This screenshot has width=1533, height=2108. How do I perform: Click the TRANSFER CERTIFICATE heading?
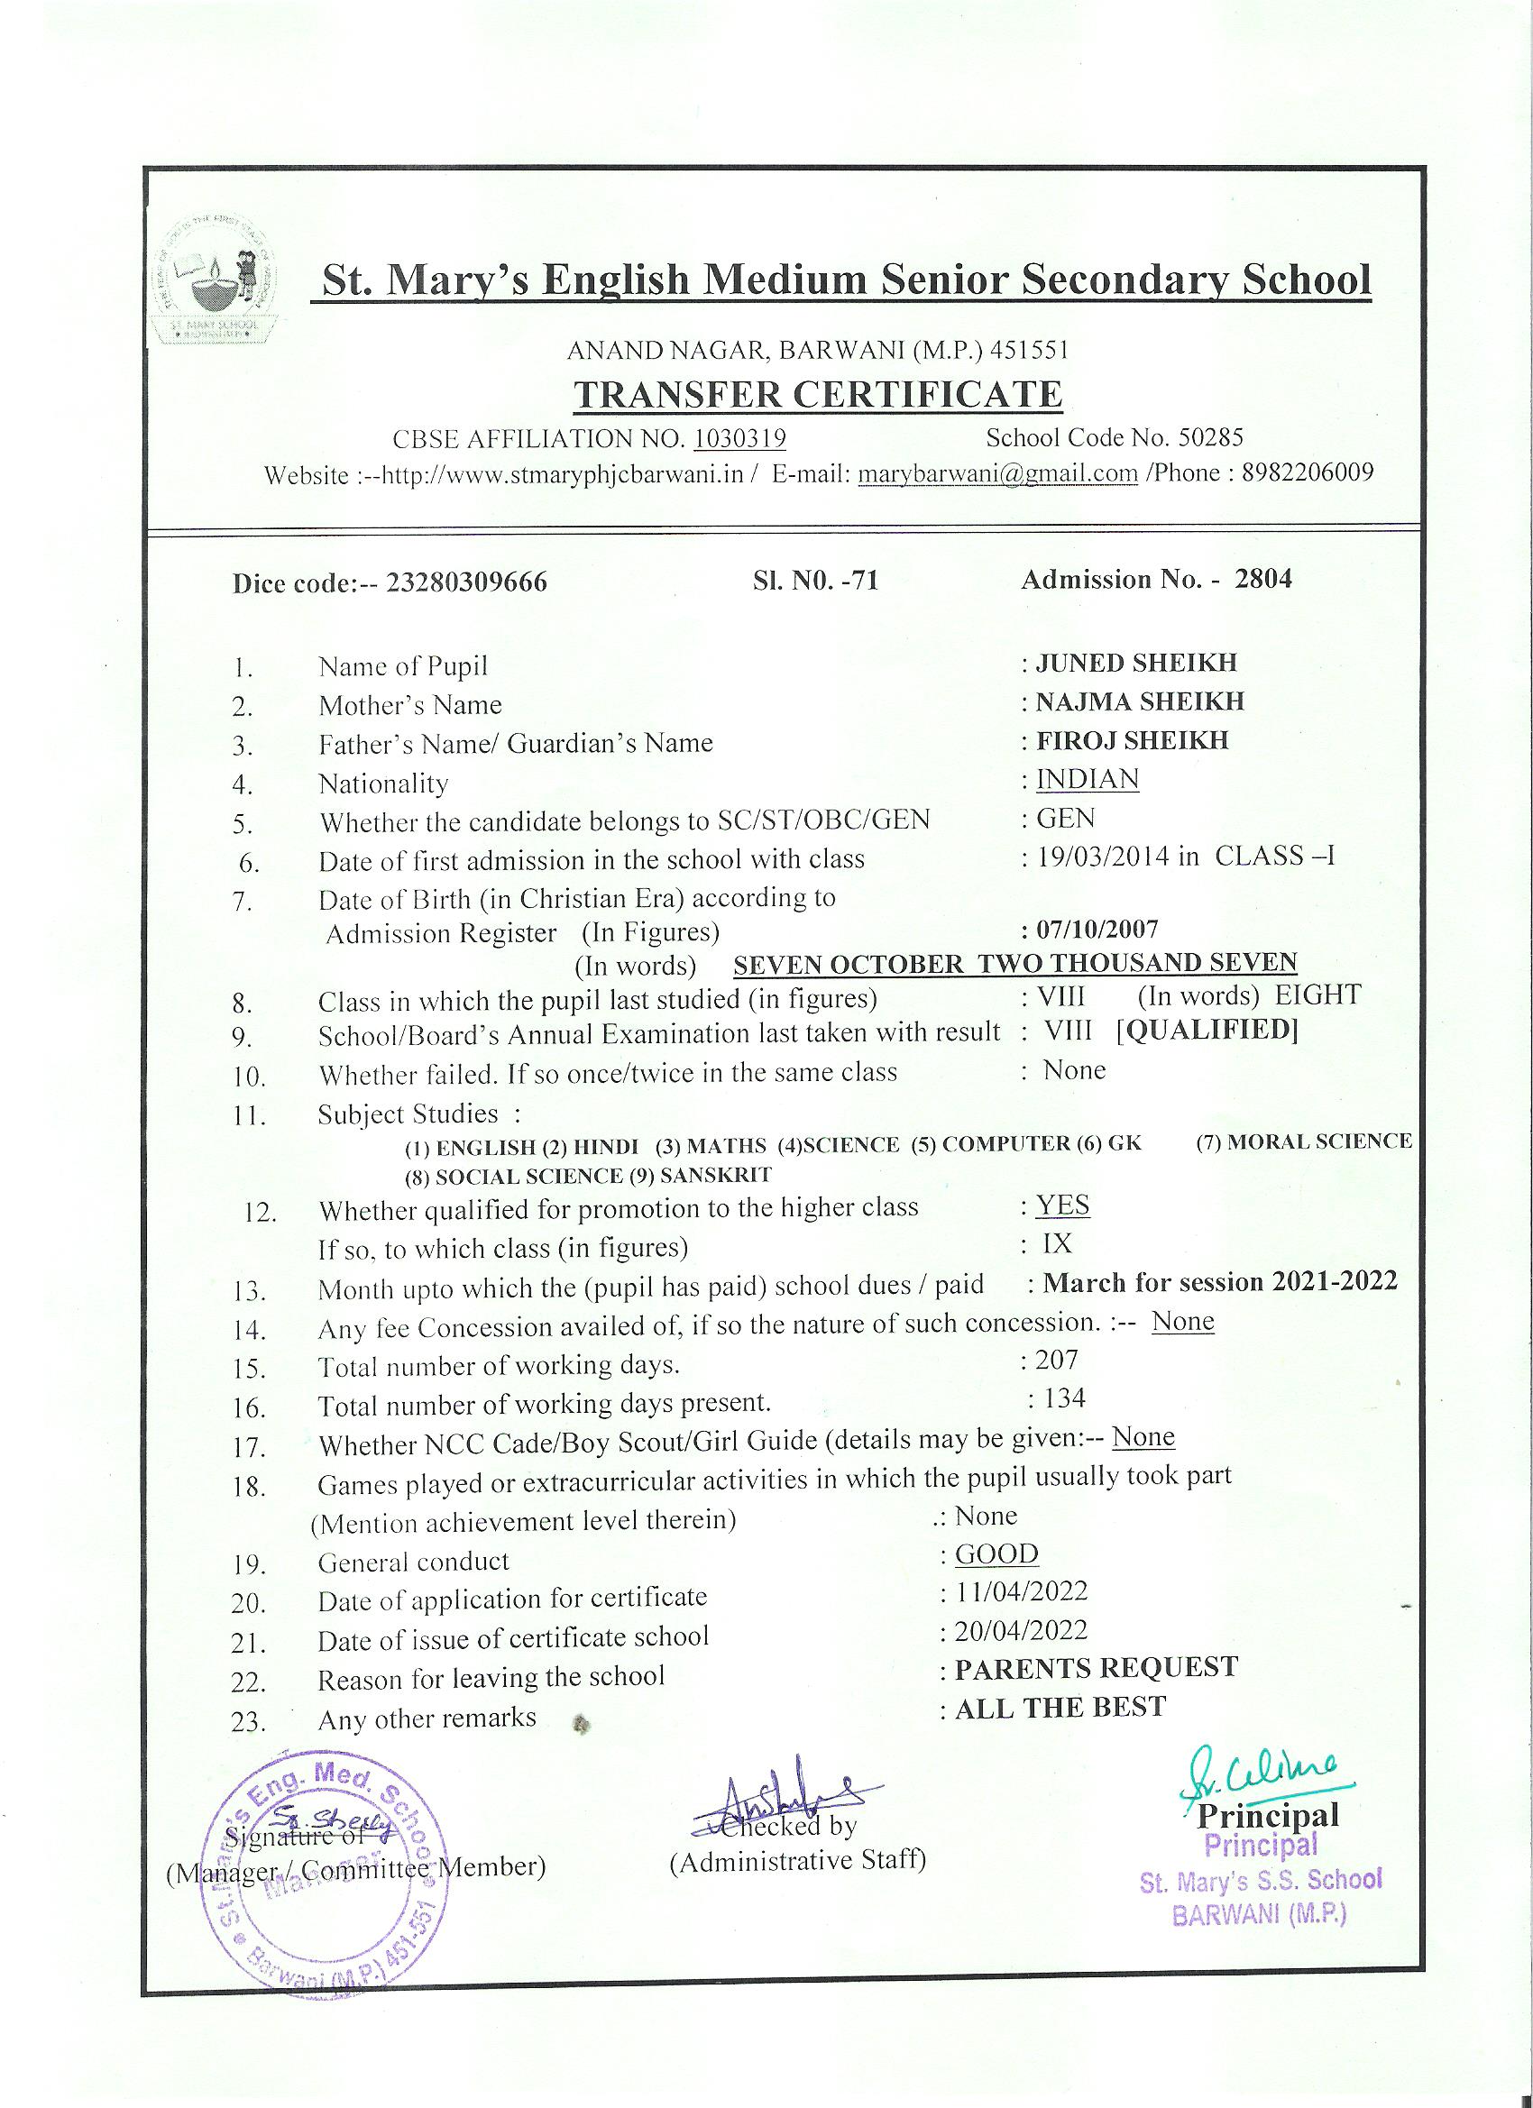817,394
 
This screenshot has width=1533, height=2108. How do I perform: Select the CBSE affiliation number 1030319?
740,438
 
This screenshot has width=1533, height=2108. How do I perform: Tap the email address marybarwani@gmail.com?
997,474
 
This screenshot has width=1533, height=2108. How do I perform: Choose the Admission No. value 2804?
1262,579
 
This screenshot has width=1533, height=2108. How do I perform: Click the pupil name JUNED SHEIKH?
1136,663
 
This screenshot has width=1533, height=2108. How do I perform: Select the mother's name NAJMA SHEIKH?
1140,701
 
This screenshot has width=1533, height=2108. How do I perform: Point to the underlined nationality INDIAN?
1087,779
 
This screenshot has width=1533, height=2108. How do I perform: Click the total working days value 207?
1057,1361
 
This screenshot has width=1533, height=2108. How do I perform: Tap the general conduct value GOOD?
996,1554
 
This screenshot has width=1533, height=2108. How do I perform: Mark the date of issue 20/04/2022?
1021,1631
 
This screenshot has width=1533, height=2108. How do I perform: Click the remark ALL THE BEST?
1060,1708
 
